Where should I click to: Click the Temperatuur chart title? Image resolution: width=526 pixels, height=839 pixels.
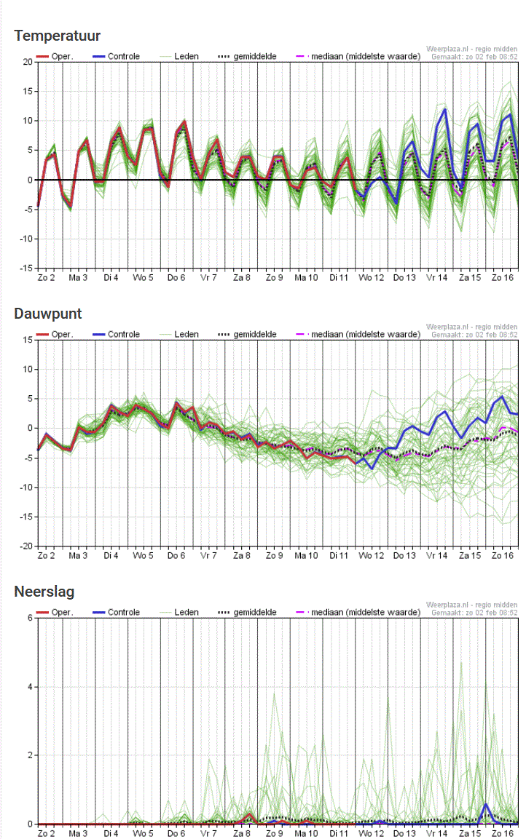coord(57,36)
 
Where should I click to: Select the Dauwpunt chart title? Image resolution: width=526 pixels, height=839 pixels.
coord(47,314)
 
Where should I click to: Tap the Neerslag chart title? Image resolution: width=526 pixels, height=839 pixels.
coord(44,592)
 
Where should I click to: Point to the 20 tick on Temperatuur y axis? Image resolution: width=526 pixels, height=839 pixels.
coord(26,62)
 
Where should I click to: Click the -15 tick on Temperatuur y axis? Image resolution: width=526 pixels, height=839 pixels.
coord(25,268)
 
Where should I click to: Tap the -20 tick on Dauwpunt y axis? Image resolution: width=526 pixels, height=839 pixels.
coord(25,546)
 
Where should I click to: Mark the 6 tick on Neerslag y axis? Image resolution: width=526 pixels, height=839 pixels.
coord(29,618)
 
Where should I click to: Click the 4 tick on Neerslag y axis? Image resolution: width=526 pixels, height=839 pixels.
coord(29,687)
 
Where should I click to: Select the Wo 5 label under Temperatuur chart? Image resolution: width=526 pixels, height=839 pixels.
coord(143,278)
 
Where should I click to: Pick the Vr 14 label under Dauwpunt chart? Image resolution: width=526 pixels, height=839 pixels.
coord(436,556)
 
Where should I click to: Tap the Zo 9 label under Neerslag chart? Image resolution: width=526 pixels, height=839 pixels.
coord(274,834)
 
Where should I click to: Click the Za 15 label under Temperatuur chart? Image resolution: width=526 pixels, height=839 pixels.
coord(469,278)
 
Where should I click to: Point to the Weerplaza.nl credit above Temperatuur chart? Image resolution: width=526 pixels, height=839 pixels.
coord(471,49)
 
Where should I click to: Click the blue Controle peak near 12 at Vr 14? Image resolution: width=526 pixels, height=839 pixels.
coord(444,109)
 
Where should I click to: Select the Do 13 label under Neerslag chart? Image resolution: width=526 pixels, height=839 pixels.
coord(404,834)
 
